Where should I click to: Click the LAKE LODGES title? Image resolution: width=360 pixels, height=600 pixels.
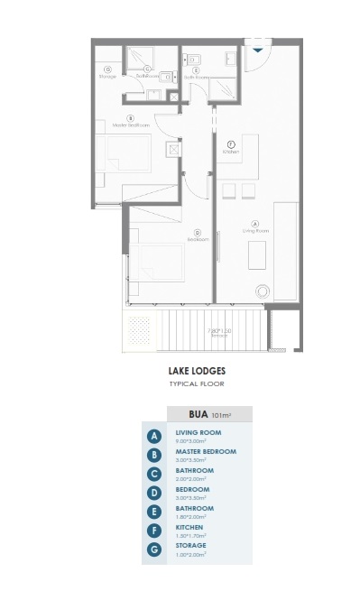coord(196,370)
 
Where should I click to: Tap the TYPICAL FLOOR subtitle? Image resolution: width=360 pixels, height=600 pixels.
coord(196,384)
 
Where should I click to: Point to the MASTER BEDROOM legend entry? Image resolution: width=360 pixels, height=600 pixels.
coord(206,451)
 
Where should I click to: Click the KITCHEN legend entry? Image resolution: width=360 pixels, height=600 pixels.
coord(189,526)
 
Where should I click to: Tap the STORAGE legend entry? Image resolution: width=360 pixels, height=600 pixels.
coord(190,545)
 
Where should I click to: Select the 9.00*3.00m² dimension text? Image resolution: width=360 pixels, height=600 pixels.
coord(191,441)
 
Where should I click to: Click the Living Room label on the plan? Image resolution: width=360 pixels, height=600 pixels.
coord(254,232)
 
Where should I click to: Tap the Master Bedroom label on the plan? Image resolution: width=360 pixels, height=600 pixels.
coord(131,124)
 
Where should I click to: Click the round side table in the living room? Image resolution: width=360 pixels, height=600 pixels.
coord(263,291)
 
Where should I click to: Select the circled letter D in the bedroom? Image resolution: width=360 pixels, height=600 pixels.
coord(198,232)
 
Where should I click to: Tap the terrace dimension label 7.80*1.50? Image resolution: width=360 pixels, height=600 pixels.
coord(219,332)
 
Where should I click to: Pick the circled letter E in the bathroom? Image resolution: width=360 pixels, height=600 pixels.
coord(197,70)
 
